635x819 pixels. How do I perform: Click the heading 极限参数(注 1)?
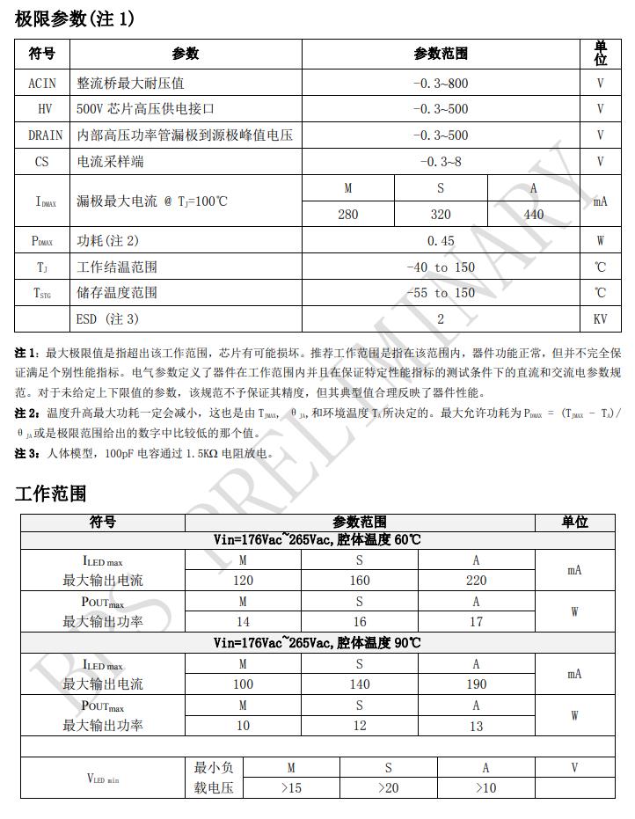pyautogui.click(x=75, y=18)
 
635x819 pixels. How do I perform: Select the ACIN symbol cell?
pyautogui.click(x=42, y=84)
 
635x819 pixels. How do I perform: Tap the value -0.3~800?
pyautogui.click(x=441, y=84)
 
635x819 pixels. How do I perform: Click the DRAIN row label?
pyautogui.click(x=45, y=135)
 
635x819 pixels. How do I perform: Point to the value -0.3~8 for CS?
pyautogui.click(x=441, y=162)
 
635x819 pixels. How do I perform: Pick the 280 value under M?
pyautogui.click(x=348, y=215)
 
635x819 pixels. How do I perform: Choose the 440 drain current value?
pyautogui.click(x=534, y=215)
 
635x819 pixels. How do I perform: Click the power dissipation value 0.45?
pyautogui.click(x=441, y=241)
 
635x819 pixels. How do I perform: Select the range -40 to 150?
pyautogui.click(x=441, y=267)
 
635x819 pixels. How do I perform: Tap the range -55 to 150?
pyautogui.click(x=441, y=293)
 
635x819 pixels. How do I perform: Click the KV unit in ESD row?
pyautogui.click(x=601, y=319)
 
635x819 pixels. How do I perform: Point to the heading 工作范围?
pyautogui.click(x=51, y=494)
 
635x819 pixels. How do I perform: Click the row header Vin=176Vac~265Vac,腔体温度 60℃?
pyautogui.click(x=317, y=539)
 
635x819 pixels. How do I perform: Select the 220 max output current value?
pyautogui.click(x=476, y=581)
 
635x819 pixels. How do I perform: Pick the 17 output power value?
pyautogui.click(x=476, y=622)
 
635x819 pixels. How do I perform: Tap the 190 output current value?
pyautogui.click(x=476, y=684)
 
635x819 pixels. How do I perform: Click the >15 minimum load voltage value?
pyautogui.click(x=291, y=788)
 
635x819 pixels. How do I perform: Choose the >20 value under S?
pyautogui.click(x=388, y=788)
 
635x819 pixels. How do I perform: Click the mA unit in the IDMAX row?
pyautogui.click(x=601, y=201)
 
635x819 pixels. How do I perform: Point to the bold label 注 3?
pyautogui.click(x=26, y=454)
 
